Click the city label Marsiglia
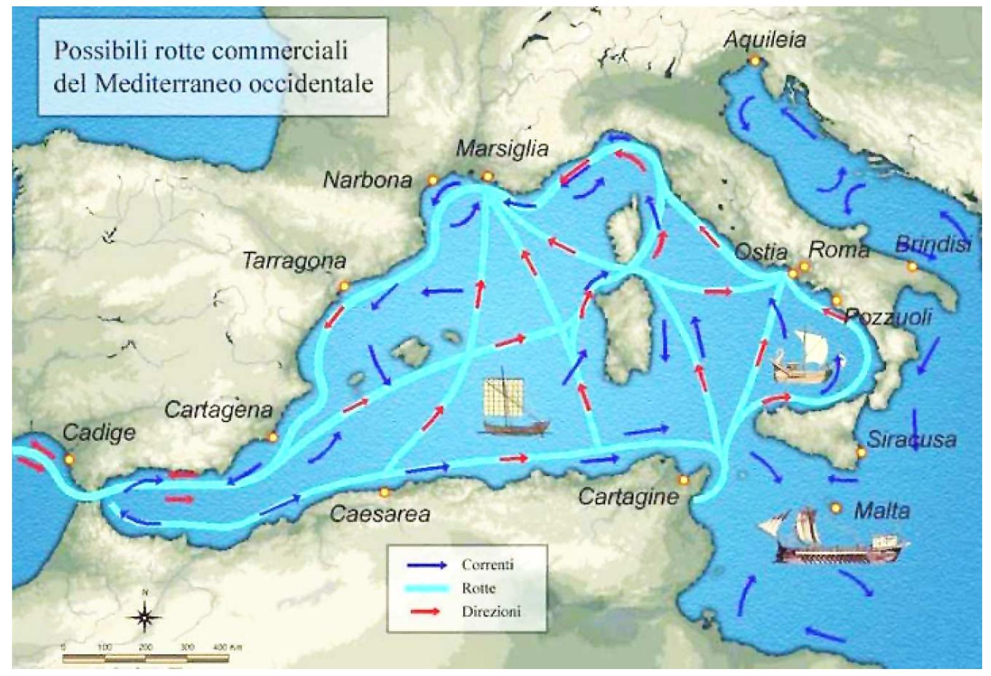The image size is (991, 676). [502, 149]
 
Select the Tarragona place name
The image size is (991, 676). [294, 261]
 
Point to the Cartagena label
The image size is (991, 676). [218, 410]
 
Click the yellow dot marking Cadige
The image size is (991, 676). [70, 459]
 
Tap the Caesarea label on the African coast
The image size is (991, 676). [380, 513]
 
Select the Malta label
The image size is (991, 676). [882, 510]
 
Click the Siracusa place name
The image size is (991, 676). [911, 439]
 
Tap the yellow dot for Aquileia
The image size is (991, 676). [754, 60]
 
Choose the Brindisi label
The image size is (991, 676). [933, 245]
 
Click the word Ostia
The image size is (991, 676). [760, 253]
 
